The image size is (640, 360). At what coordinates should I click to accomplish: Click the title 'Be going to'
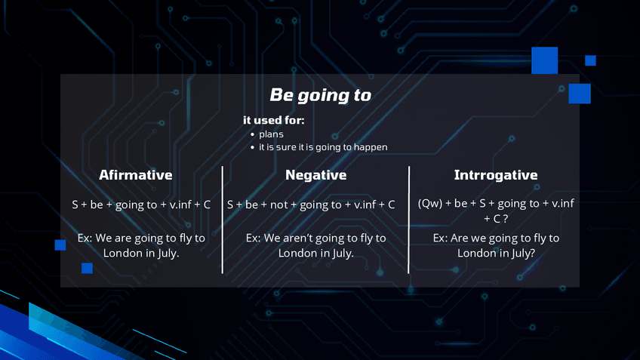coord(321,95)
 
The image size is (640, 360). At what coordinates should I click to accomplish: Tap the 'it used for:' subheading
coord(273,120)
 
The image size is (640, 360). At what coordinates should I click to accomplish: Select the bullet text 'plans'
coord(271,134)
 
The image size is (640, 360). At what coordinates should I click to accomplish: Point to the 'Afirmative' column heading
coord(136,175)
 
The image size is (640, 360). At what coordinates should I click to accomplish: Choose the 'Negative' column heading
coord(316,175)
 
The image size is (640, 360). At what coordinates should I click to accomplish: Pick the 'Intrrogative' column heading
coord(496,175)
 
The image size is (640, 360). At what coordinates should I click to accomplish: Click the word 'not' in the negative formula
coord(278,205)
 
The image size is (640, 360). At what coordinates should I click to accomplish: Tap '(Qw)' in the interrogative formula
coord(429,203)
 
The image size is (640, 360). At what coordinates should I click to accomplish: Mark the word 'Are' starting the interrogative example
coord(459,238)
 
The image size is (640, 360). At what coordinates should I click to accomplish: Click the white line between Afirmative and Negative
coord(223,220)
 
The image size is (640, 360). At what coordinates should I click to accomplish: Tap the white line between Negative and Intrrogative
coord(408,220)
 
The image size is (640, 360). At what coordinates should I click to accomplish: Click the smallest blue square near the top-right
coord(590,60)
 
